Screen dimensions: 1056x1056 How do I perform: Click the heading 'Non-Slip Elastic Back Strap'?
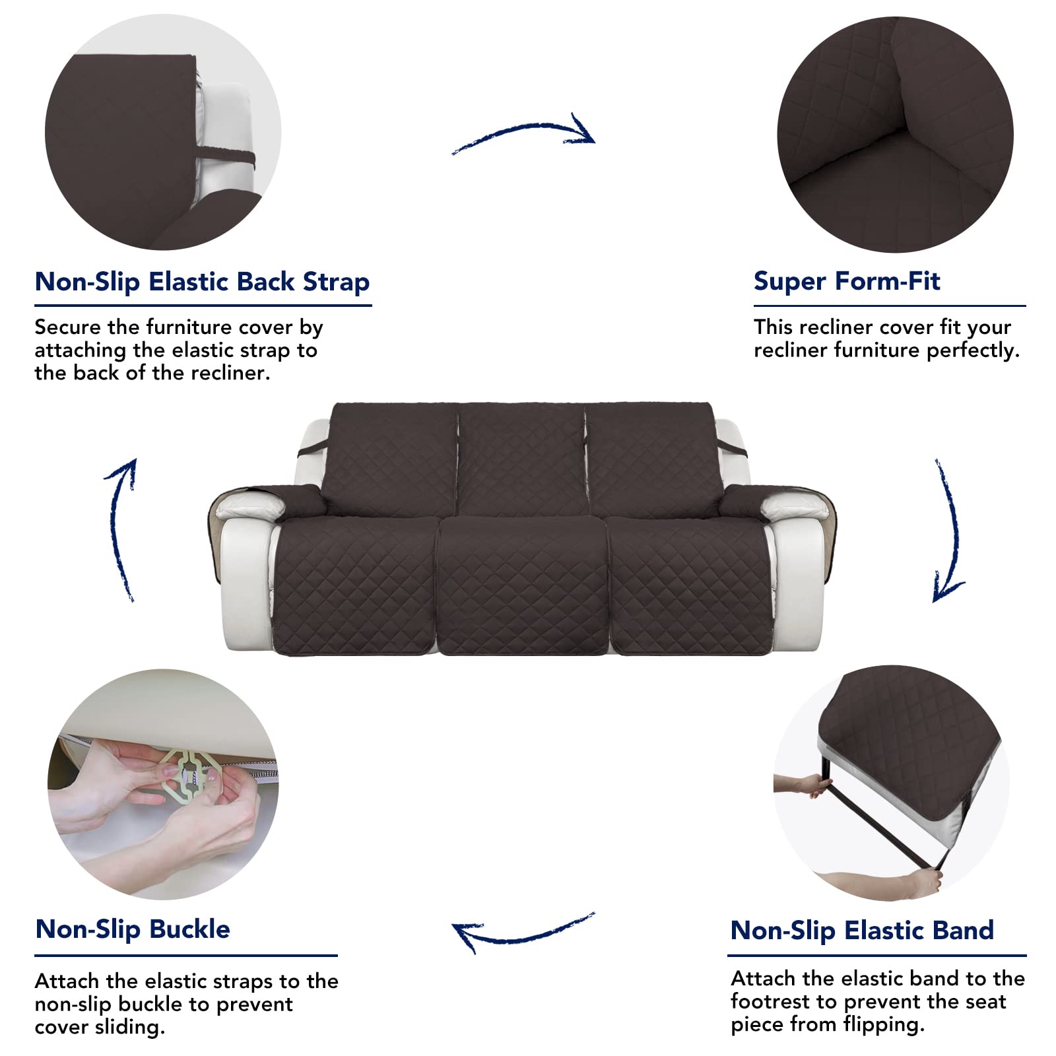202,282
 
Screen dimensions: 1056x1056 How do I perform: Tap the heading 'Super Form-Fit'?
847,281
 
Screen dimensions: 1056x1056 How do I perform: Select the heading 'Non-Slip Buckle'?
133,929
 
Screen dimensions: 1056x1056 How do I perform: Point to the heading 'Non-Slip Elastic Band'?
862,931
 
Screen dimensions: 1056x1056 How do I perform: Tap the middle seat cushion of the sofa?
522,584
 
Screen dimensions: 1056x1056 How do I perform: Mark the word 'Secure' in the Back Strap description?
68,327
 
